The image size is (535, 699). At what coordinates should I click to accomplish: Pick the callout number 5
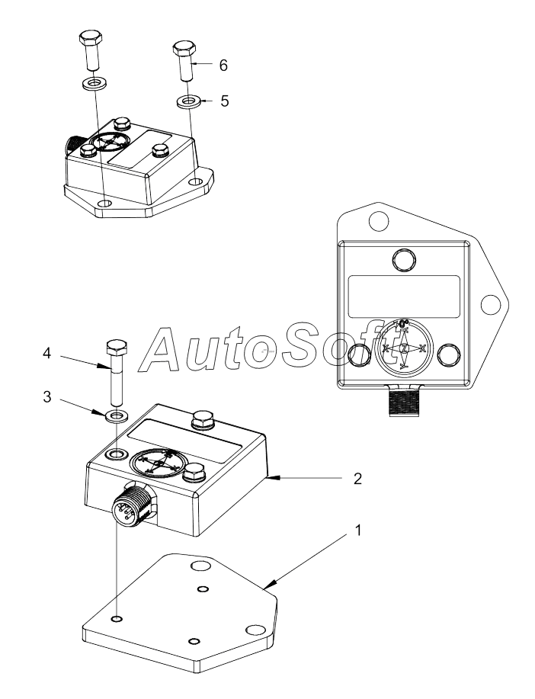coord(224,100)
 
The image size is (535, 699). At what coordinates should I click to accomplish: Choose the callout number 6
coord(223,66)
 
